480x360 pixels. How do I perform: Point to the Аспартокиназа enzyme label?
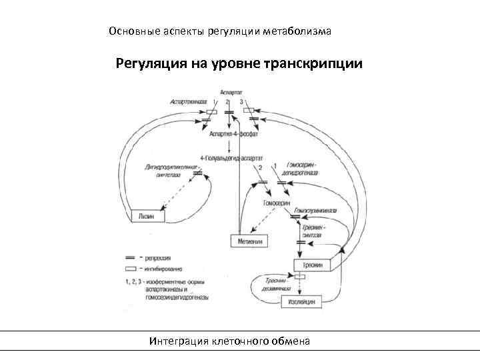[188, 101]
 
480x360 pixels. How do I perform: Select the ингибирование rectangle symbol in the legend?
[130, 267]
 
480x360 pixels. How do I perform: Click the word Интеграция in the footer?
[179, 341]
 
